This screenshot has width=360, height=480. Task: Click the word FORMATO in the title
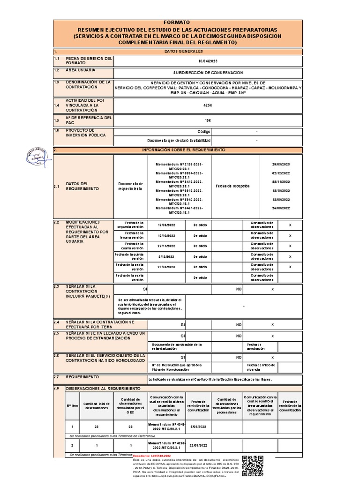tap(177, 22)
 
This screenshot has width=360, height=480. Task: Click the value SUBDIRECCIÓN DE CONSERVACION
tap(208, 73)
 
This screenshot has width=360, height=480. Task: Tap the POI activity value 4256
tap(208, 106)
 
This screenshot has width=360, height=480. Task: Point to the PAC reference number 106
tap(208, 120)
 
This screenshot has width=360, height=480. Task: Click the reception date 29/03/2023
tap(281, 165)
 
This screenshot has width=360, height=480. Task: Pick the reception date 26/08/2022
tap(281, 208)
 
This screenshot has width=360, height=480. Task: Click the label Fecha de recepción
tap(233, 186)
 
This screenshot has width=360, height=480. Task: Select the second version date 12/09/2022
tap(166, 225)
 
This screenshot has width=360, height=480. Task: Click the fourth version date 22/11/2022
tap(166, 246)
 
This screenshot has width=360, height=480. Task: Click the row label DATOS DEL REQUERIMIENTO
tap(77, 186)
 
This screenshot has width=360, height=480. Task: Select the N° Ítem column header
tap(72, 405)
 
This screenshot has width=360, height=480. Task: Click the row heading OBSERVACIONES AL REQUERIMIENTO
tap(103, 389)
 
